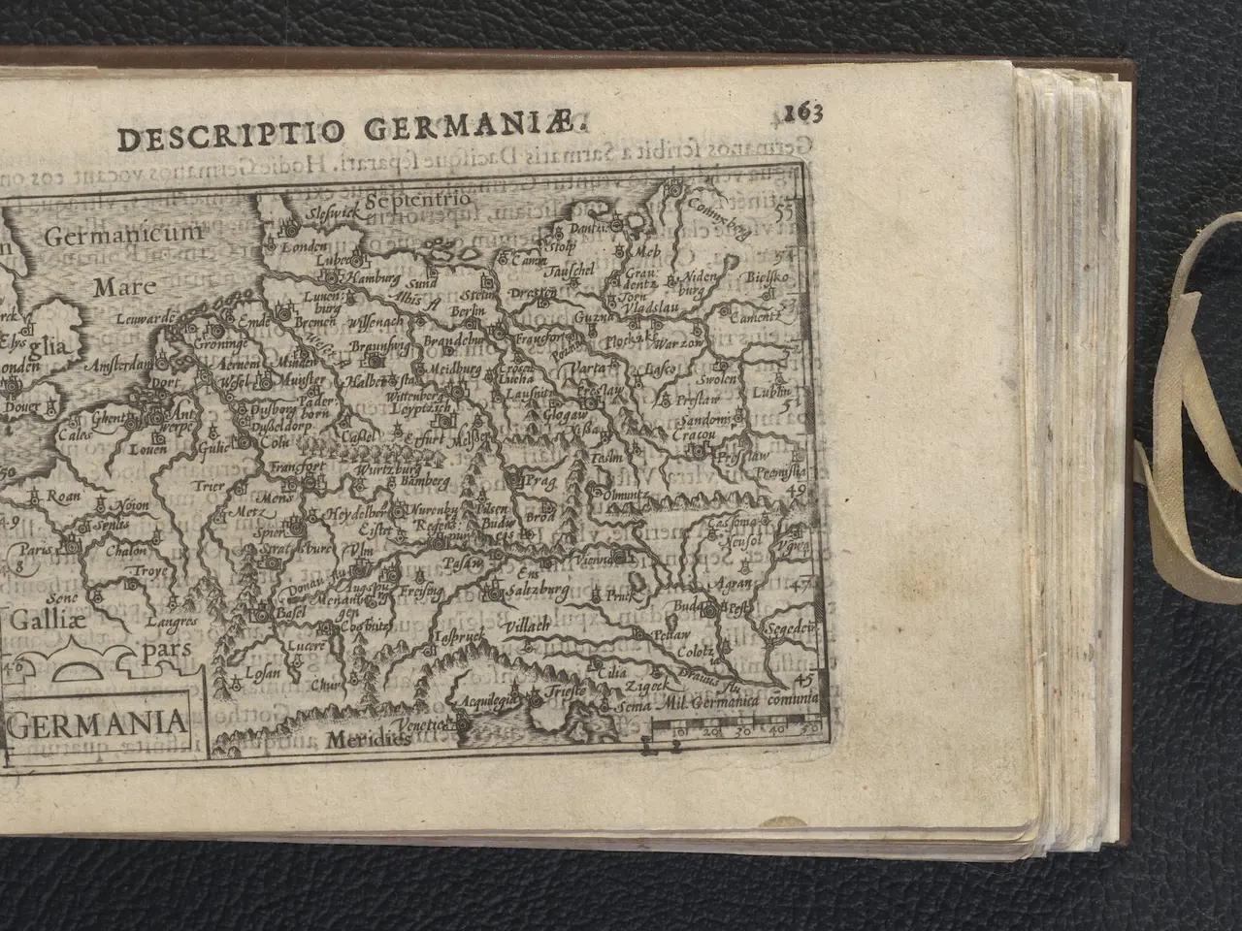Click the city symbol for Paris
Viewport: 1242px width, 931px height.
70,549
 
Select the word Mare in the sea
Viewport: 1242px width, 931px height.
117,287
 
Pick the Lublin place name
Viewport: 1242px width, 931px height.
771,391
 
